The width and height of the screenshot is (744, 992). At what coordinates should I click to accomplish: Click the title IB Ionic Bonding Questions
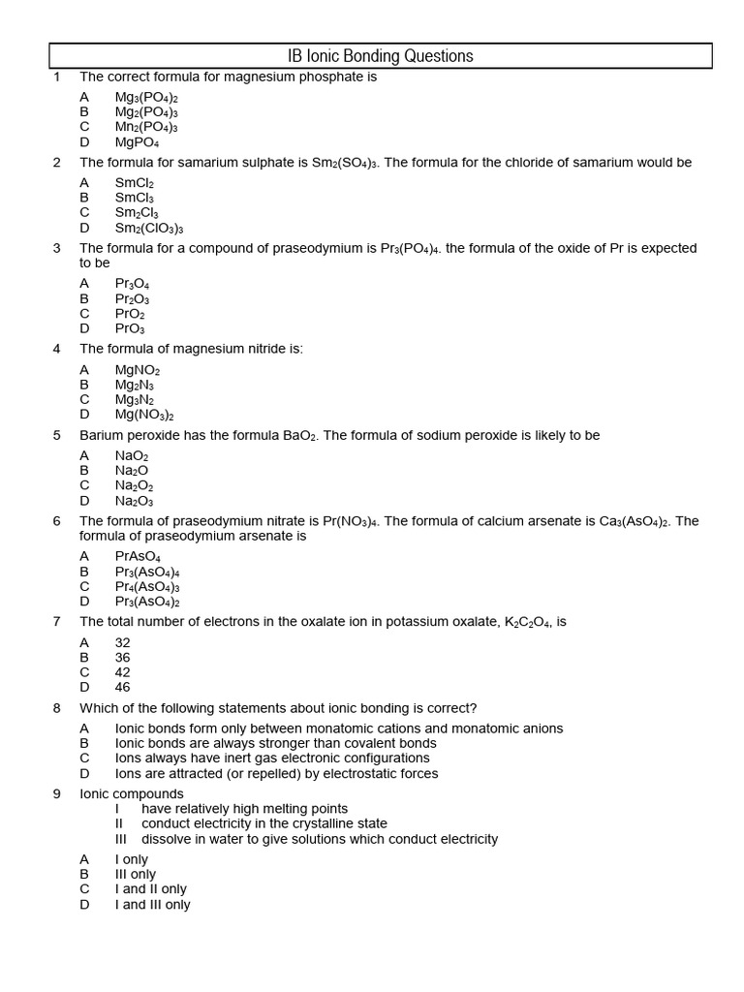click(381, 56)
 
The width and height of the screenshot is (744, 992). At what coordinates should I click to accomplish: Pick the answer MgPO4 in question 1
click(137, 142)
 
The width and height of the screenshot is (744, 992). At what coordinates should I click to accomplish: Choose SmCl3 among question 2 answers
click(135, 198)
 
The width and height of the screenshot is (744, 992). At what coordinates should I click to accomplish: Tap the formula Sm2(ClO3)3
click(149, 228)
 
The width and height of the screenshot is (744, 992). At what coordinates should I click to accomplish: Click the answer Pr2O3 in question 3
click(132, 298)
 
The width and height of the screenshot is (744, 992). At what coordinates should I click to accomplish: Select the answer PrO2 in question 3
click(130, 314)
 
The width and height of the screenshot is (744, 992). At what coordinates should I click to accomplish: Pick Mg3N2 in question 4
click(135, 399)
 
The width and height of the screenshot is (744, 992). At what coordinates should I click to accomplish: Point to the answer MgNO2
click(138, 370)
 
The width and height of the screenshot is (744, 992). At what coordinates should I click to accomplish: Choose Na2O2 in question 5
click(134, 485)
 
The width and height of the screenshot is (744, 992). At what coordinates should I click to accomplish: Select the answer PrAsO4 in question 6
click(138, 557)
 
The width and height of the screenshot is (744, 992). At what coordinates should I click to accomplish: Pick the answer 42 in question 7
click(122, 672)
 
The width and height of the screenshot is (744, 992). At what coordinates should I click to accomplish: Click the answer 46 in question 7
click(122, 687)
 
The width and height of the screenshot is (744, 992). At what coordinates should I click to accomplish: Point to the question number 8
click(57, 708)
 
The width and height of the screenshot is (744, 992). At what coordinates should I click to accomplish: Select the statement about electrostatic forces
click(276, 773)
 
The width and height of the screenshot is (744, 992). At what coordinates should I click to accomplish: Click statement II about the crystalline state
click(263, 823)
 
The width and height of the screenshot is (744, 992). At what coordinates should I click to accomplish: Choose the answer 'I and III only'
click(152, 904)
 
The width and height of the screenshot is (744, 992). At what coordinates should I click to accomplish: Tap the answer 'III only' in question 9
click(135, 874)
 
